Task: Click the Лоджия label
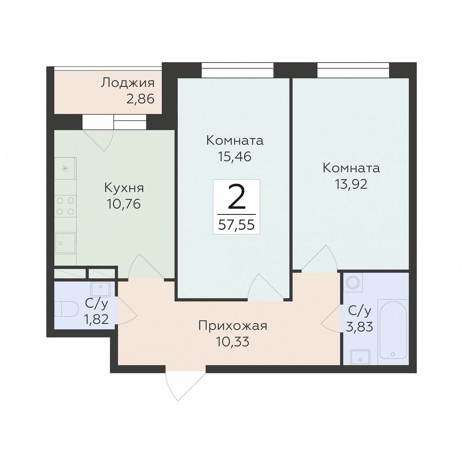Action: point(128,83)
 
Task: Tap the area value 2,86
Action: point(140,99)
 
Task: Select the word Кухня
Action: point(124,188)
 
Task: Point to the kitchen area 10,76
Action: point(124,204)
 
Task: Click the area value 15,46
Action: point(235,157)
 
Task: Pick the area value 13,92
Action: point(351,184)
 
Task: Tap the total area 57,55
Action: point(236,225)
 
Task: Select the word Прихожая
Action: point(233,326)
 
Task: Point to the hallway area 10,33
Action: point(233,342)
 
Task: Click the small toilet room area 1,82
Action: point(96,319)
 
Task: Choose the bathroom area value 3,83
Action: point(360,327)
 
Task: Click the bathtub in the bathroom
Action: point(393,332)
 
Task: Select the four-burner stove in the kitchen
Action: point(65,206)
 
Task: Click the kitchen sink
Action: point(65,243)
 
